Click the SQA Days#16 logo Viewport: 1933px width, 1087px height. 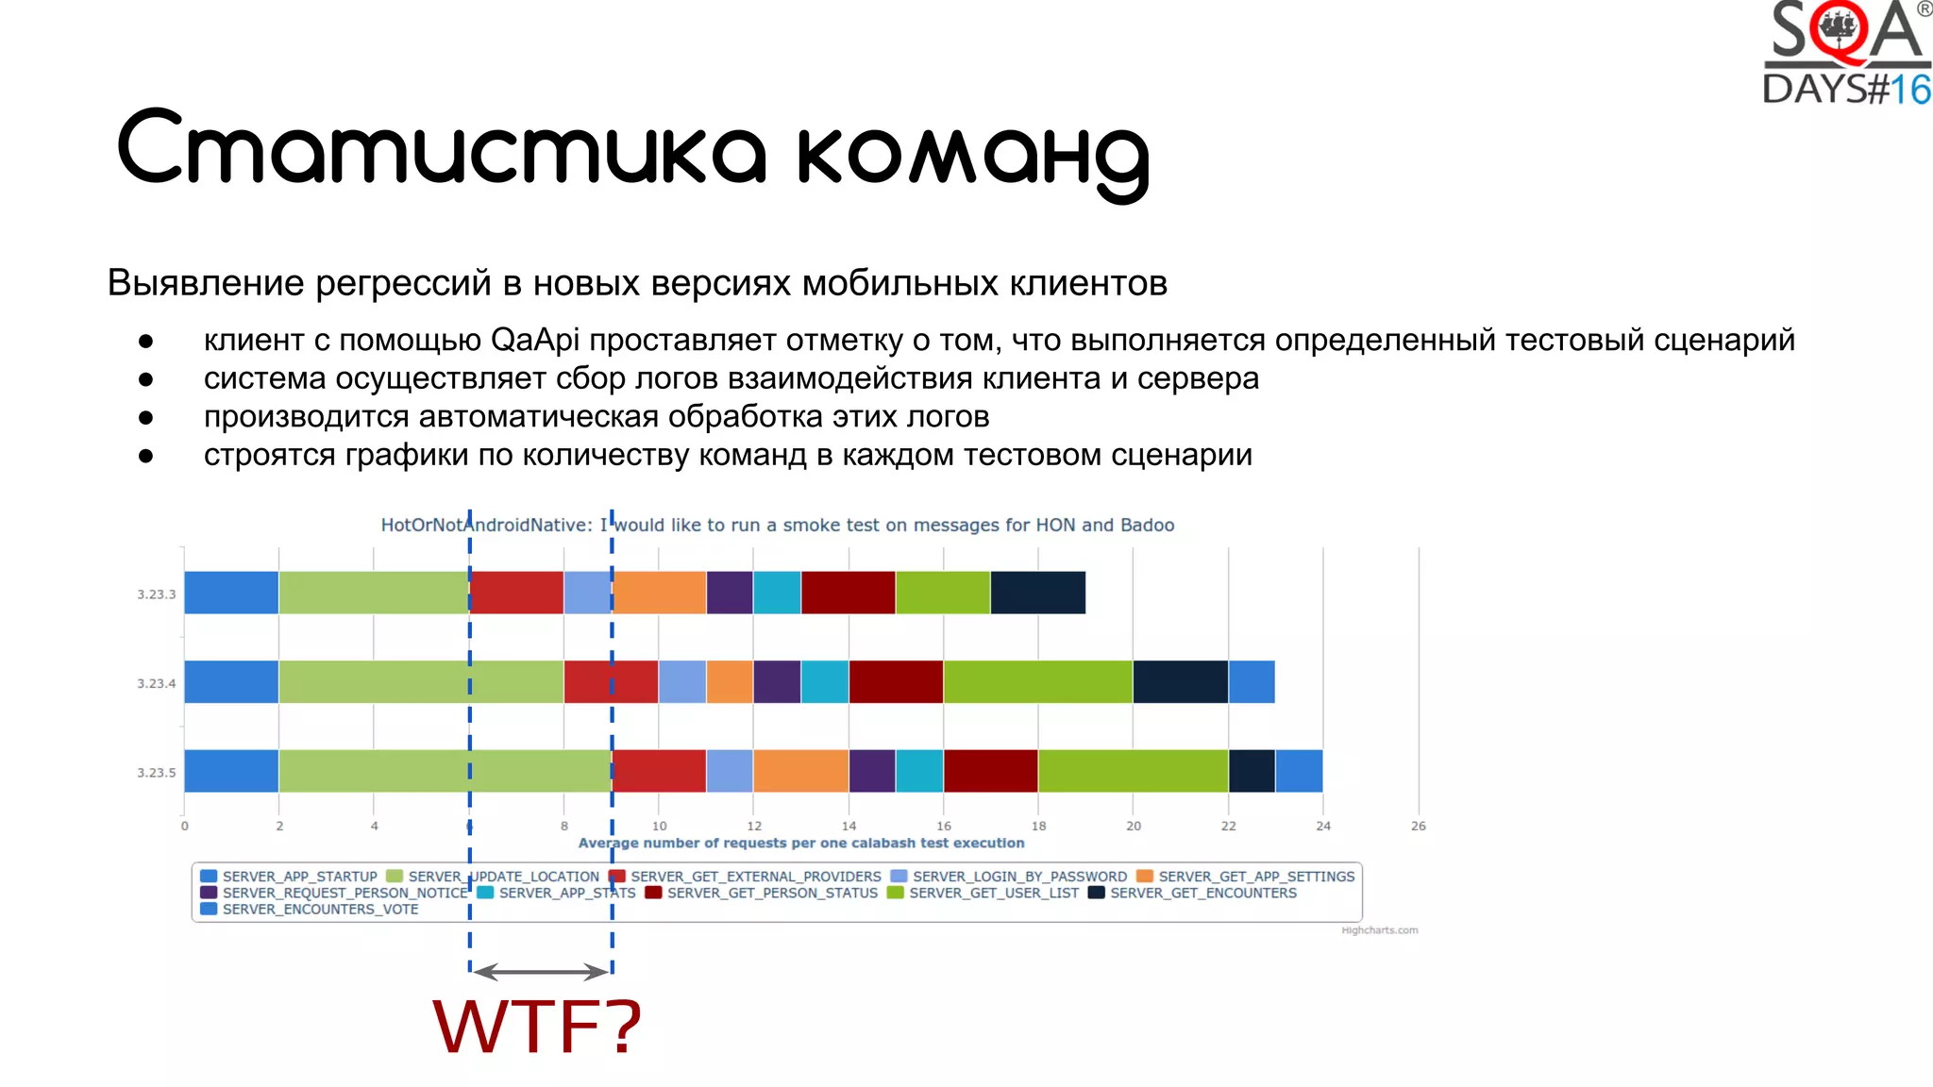click(x=1846, y=53)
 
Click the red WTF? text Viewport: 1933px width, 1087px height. click(x=537, y=1027)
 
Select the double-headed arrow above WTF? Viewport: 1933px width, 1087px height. click(x=541, y=971)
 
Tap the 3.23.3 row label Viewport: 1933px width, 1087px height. click(x=157, y=594)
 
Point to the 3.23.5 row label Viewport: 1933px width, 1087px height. click(x=157, y=773)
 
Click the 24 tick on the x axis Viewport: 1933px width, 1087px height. click(x=1323, y=826)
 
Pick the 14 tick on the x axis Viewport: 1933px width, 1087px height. click(x=849, y=826)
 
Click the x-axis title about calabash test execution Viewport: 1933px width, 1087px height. click(x=800, y=843)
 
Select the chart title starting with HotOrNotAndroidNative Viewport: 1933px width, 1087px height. click(x=777, y=525)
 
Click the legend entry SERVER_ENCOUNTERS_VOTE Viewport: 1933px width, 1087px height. click(x=320, y=910)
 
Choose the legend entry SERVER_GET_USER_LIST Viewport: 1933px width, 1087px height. click(x=993, y=893)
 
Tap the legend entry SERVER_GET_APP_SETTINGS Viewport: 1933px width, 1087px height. click(x=1255, y=877)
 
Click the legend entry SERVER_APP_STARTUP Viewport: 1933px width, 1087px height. click(x=299, y=877)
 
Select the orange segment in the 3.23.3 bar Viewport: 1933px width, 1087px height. click(x=660, y=593)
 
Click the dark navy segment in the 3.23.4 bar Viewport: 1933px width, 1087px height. click(x=1180, y=682)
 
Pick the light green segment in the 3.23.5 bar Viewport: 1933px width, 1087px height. click(x=445, y=771)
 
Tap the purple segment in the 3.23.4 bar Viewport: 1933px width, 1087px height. click(x=777, y=682)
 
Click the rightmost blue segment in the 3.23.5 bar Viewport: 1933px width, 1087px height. click(x=1299, y=771)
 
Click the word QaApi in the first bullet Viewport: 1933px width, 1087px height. click(x=535, y=340)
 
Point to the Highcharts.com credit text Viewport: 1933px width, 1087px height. click(x=1379, y=930)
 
